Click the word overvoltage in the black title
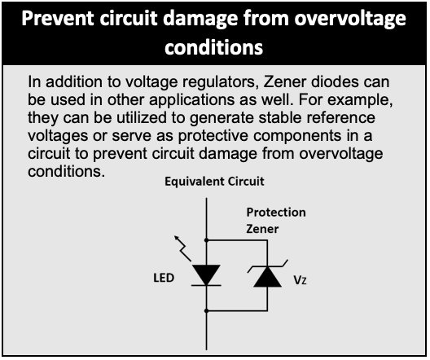click(x=350, y=20)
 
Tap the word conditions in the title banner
click(x=214, y=47)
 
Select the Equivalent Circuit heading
click(x=214, y=182)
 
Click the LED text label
click(x=164, y=278)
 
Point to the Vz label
click(x=300, y=280)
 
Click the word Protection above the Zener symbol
click(x=276, y=213)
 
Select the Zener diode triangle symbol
click(x=267, y=277)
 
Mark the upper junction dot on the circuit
click(x=207, y=240)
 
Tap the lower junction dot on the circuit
click(x=207, y=310)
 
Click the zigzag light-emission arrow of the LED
click(x=182, y=248)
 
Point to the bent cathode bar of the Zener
click(x=267, y=266)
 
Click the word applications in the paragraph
click(x=191, y=100)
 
